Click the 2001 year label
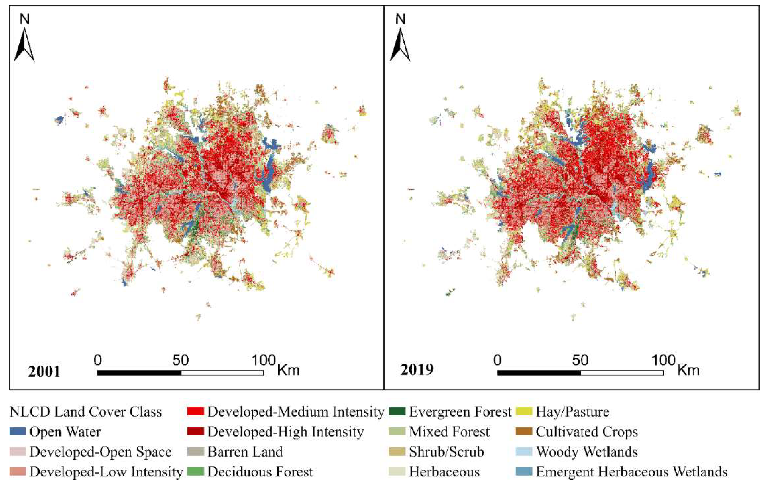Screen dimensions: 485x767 pyautogui.click(x=44, y=371)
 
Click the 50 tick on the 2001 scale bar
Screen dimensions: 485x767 pyautogui.click(x=180, y=360)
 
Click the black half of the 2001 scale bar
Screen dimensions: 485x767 pyautogui.click(x=139, y=373)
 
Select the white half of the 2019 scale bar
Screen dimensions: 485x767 pyautogui.click(x=622, y=373)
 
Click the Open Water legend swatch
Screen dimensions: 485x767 pyautogui.click(x=18, y=432)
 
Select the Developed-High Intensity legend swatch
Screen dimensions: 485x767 pyautogui.click(x=195, y=432)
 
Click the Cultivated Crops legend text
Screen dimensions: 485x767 pyautogui.click(x=587, y=432)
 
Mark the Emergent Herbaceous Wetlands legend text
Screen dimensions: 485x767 pyautogui.click(x=632, y=472)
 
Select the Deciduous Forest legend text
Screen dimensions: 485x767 pyautogui.click(x=260, y=472)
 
